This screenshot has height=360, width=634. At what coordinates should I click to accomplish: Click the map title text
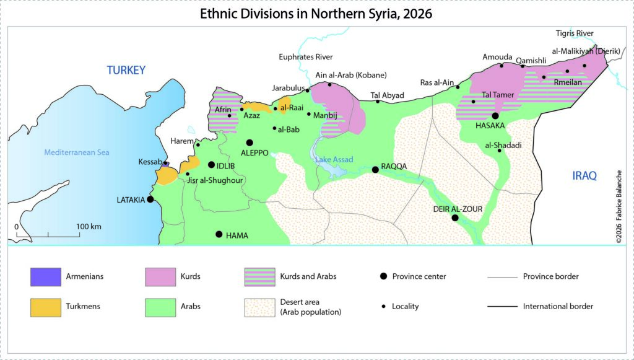316,13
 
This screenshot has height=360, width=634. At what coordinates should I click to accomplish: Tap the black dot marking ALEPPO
250,143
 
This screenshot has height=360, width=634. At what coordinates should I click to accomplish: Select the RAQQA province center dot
375,169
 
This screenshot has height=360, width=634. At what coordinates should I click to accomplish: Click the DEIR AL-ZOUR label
457,209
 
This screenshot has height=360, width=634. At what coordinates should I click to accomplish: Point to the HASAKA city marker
495,116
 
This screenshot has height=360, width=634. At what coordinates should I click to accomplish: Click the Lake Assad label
334,160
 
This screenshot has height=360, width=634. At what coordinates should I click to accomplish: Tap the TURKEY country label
126,70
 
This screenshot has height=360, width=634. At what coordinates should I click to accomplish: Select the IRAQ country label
584,176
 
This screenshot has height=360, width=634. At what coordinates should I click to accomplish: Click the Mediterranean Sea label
76,152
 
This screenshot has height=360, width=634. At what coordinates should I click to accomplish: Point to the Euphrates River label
306,57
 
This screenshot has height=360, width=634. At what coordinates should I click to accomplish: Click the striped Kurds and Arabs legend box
261,277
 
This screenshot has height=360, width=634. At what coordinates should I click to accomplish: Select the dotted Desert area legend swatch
261,306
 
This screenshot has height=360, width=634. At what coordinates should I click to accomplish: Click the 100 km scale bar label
89,226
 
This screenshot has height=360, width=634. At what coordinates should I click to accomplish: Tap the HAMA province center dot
219,234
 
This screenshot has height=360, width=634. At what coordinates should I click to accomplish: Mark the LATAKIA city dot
150,200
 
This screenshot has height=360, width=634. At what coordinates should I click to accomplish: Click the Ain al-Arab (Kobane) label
351,76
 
